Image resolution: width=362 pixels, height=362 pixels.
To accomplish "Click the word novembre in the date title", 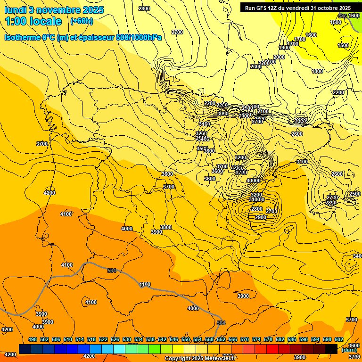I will coord(57,10).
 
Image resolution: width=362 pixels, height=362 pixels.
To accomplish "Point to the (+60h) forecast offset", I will coord(81,21).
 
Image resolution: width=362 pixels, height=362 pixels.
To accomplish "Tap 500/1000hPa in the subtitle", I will coord(137,37).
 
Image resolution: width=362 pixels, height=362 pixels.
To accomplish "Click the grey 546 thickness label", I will coord(343,16).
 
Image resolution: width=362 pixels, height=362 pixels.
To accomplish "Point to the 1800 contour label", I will coord(317,71).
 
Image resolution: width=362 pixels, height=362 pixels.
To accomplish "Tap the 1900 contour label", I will coord(284,48).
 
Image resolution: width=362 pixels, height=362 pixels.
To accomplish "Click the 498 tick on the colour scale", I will coord(33,339).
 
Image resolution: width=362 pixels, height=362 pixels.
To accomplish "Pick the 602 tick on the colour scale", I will coord(338,339).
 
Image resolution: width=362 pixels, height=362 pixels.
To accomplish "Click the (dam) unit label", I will coord(349,350).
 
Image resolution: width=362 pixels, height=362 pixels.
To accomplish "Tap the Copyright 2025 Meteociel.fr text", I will coord(200,359).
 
